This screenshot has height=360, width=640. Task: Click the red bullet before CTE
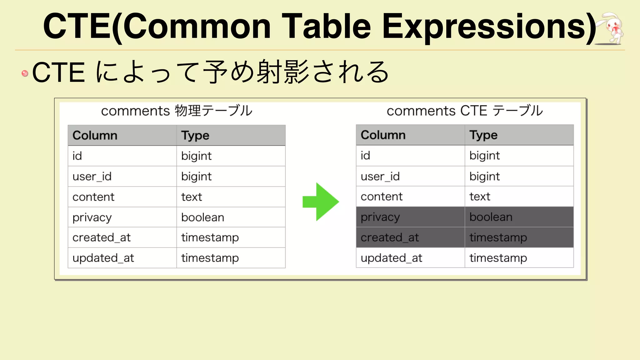[25, 73]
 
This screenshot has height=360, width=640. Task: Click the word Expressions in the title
[489, 27]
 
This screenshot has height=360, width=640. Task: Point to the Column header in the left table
[95, 136]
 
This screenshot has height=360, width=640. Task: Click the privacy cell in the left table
[92, 217]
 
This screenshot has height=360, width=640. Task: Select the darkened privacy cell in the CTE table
[380, 217]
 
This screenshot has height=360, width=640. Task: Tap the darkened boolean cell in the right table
[491, 217]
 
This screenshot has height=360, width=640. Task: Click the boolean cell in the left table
[202, 217]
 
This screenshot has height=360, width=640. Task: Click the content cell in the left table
[93, 197]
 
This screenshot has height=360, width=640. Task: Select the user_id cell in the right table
[380, 177]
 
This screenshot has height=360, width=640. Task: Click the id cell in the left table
[77, 156]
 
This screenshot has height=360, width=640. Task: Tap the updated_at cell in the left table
[103, 258]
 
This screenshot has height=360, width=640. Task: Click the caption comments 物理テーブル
[177, 111]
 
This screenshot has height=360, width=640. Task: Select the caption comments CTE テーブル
[465, 111]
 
